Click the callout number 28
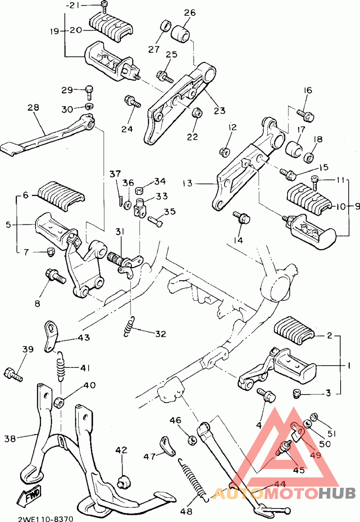33,108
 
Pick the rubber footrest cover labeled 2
294,328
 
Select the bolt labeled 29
89,92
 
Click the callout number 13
187,183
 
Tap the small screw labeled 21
104,7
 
